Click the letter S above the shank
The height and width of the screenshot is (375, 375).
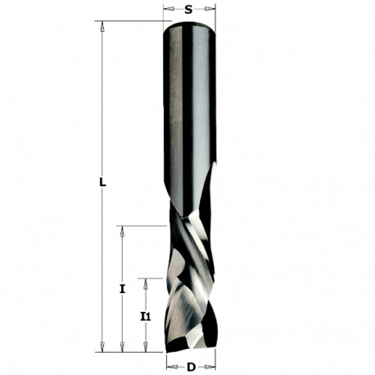(189, 10)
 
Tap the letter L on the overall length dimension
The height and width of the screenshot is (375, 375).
(103, 183)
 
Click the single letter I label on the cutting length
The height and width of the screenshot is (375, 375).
(121, 289)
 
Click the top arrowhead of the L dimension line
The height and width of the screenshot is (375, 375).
(103, 26)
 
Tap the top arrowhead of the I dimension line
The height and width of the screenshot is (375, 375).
(121, 232)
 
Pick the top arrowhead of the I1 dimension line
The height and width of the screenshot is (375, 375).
(146, 282)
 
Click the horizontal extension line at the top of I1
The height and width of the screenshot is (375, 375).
(156, 278)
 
